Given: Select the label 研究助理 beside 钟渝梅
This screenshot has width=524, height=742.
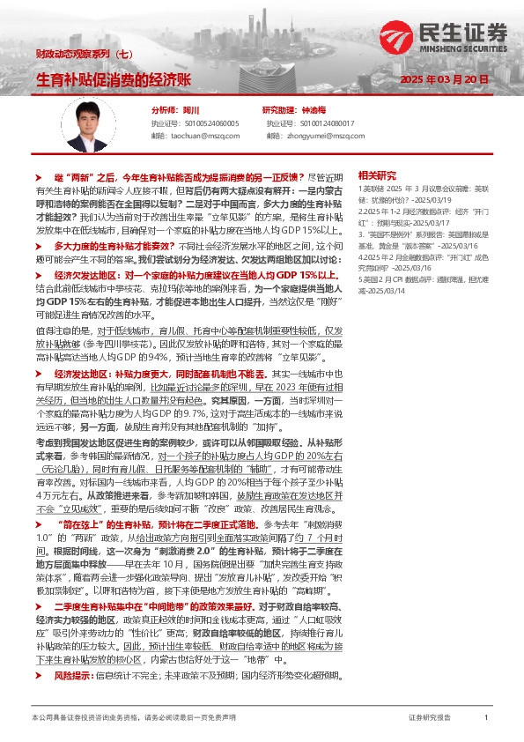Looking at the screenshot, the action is tap(279, 111).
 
